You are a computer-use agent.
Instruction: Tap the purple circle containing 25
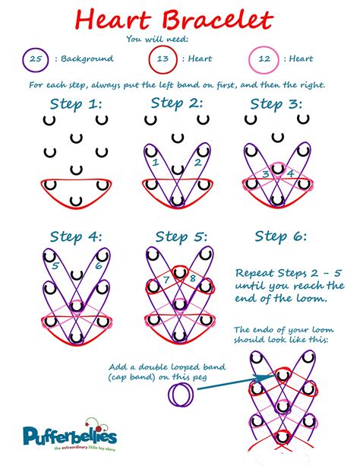(x=33, y=58)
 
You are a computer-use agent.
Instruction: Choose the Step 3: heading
(x=276, y=103)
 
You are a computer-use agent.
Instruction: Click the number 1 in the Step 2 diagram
(x=155, y=162)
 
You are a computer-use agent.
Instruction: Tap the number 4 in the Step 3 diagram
(x=289, y=174)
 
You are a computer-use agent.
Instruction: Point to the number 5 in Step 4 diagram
(x=55, y=266)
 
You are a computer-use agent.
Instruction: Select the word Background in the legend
(x=87, y=59)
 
